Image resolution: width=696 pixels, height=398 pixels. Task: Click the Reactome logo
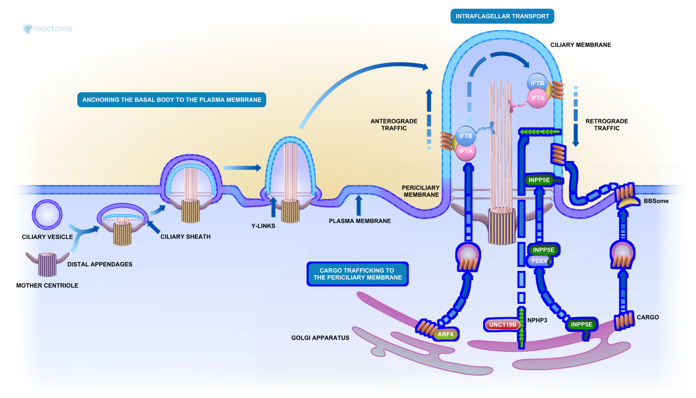pos(47,28)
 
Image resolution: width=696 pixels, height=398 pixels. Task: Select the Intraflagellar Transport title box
pos(502,16)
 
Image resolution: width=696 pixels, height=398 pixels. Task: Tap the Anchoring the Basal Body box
pos(172,100)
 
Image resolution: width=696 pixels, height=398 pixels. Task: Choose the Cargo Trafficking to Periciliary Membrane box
pos(357,274)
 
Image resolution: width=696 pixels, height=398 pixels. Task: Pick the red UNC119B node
pos(503,325)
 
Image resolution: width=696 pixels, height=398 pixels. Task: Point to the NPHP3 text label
pos(537,320)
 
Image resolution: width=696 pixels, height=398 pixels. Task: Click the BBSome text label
pos(656,201)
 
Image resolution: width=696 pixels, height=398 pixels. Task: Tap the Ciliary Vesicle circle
pos(47,215)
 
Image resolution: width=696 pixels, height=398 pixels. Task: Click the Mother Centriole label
pos(47,286)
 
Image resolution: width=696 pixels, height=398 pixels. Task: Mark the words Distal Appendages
pos(100,264)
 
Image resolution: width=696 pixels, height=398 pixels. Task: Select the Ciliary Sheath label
pos(185,236)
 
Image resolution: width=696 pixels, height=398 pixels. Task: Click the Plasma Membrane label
pos(360,221)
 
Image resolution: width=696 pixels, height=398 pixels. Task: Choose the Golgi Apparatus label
pos(320,338)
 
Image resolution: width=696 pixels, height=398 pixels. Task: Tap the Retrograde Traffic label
pos(607,125)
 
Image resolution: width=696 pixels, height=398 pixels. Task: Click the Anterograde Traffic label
pos(389,125)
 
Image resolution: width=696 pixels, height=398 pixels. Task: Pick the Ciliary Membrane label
pos(580,45)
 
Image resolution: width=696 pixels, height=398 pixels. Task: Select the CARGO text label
pos(648,317)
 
